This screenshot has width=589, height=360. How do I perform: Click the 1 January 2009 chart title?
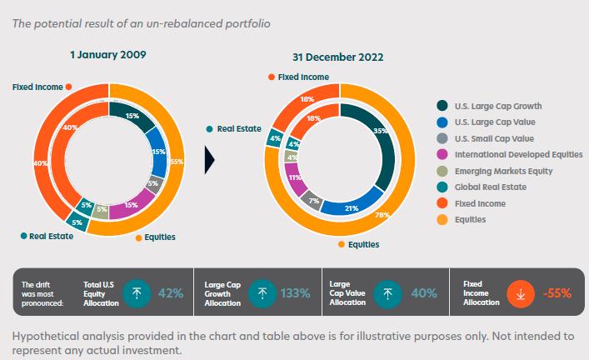pos(107,54)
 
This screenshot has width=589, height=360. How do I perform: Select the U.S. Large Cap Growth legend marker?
pos(443,106)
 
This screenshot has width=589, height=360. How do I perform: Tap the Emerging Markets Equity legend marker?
pos(443,171)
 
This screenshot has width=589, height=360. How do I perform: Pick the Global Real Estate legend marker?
pos(443,187)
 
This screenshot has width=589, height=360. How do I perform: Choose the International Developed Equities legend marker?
pos(443,154)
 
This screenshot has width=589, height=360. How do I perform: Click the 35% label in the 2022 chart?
pos(381,132)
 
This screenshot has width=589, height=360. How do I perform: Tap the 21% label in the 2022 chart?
pos(352,207)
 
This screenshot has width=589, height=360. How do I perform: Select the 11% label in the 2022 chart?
pos(293,177)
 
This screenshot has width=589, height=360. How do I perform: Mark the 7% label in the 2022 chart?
pos(314,202)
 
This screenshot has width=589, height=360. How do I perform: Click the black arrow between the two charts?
pos(210,159)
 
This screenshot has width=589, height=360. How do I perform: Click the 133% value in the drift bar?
pos(295,292)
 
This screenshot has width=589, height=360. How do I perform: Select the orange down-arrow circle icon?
pos(521,292)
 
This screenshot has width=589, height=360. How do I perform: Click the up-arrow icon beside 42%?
pos(137,292)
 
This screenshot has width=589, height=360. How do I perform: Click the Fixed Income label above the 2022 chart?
pos(302,77)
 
